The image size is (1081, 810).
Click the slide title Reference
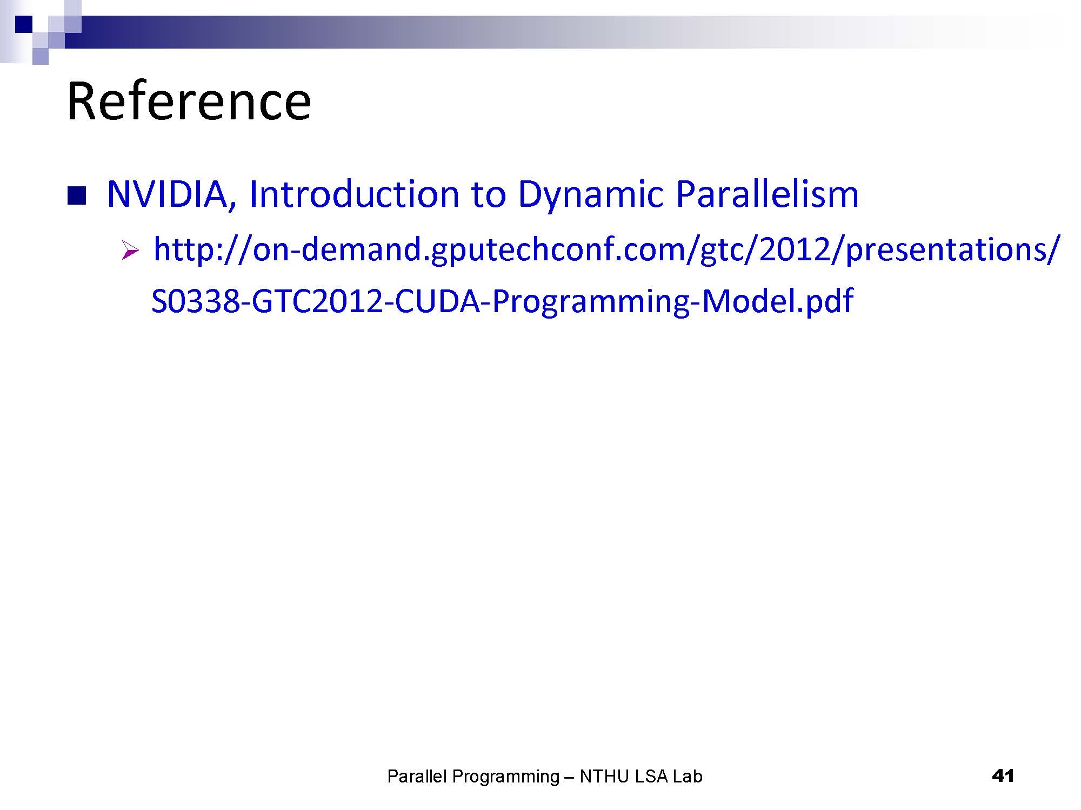pyautogui.click(x=189, y=101)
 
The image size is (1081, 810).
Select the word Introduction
pyautogui.click(x=354, y=194)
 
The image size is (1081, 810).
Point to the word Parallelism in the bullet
pyautogui.click(x=767, y=194)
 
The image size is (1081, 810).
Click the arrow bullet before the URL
pyautogui.click(x=130, y=251)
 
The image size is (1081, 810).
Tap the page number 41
pyautogui.click(x=1003, y=776)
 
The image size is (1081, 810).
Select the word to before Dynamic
pyautogui.click(x=489, y=195)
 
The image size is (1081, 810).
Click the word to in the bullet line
pyautogui.click(x=489, y=195)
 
